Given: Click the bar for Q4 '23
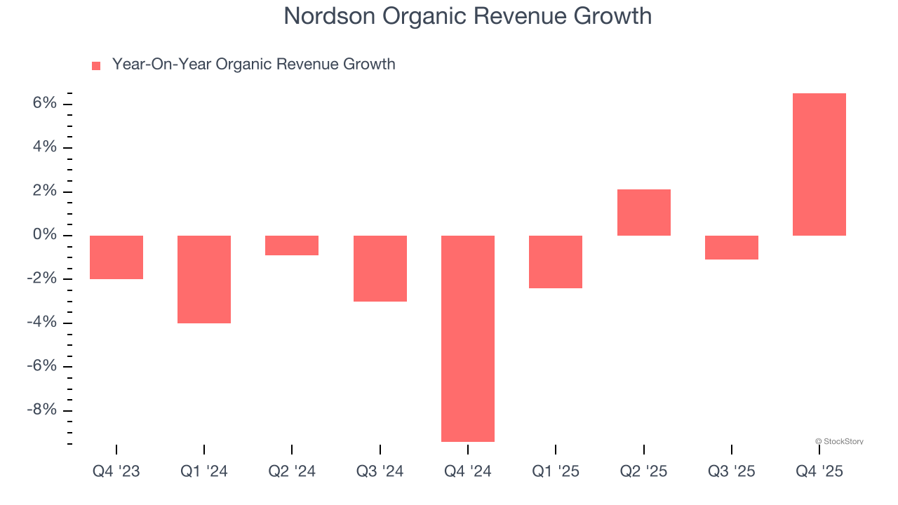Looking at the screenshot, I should pos(116,257).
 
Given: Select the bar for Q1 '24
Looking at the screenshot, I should pos(204,279).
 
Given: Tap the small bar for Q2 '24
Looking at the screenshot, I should pos(292,245).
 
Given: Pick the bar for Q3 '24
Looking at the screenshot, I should pos(380,269).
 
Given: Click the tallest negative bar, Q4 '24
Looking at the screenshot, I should pos(468,338).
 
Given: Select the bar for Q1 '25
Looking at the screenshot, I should pos(556,262).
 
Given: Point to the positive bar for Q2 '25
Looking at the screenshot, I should pos(643,213).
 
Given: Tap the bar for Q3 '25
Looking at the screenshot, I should pos(731,248).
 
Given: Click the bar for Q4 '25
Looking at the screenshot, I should pos(819,164).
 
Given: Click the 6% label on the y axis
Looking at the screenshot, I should pos(44,104).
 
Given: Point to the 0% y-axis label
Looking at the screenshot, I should pos(44,235).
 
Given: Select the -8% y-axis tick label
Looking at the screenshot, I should pos(41,410).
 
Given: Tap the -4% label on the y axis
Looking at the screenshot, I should pos(41,323).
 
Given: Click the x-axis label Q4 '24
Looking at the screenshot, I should pos(468,471).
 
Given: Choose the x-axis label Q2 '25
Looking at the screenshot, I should pos(643,471).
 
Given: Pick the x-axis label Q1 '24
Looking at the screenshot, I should pos(204,471).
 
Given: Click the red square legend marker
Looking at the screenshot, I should pos(96,66).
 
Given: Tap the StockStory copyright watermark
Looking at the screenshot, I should pos(839,441).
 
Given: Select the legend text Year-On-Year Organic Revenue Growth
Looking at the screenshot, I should pos(253,65).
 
